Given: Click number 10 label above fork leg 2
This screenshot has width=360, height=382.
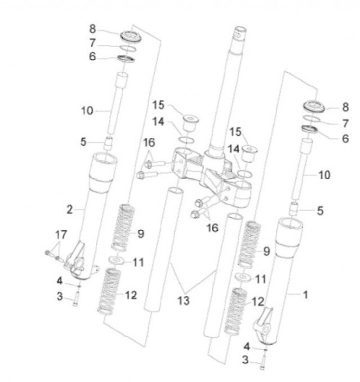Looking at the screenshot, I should (x=87, y=110).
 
